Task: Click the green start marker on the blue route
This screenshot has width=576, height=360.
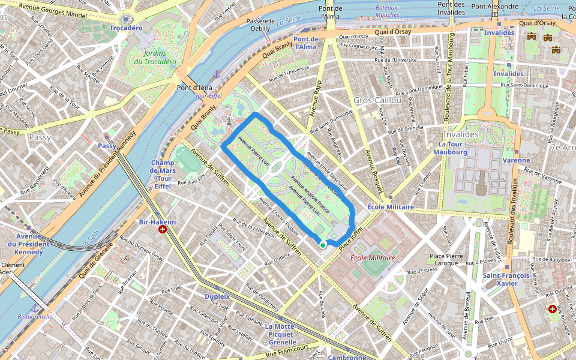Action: point(323,244)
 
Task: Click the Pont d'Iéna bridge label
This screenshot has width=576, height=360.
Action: point(194,87)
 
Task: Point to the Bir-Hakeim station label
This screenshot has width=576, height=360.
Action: point(157,221)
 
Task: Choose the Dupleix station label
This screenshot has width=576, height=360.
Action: point(217,296)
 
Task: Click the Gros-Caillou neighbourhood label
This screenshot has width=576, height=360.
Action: point(377,100)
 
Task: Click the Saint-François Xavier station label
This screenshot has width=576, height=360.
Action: point(506,280)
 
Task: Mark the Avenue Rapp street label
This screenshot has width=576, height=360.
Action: point(316,98)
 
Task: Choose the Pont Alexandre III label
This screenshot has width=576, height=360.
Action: point(494,7)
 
